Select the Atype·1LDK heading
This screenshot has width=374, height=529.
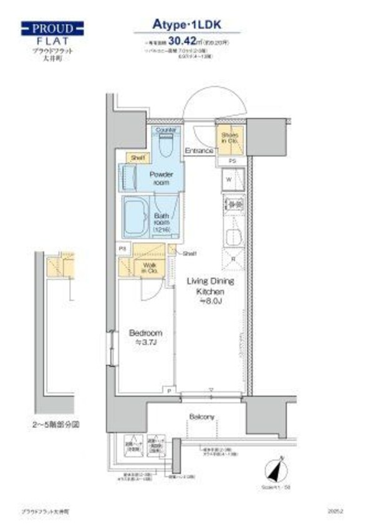188,24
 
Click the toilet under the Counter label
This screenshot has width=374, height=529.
165,145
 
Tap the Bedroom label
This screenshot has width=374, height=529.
146,336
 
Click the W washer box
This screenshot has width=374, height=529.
229,179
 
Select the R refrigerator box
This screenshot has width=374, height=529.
233,259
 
